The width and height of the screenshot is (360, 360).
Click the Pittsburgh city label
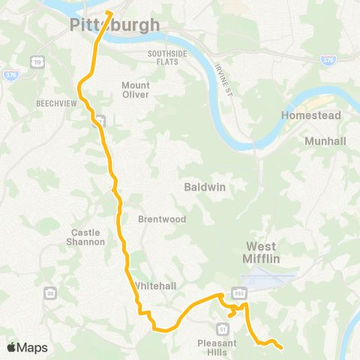pos(115,25)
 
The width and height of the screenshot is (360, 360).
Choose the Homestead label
pos(310,115)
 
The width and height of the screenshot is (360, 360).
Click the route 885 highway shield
pos(238,292)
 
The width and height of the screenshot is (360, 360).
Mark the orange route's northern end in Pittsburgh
pos(109,11)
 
